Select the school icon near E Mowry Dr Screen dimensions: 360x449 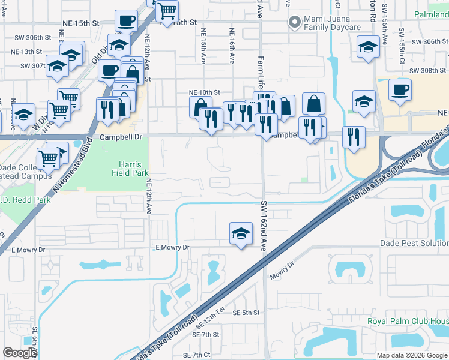click(240, 233)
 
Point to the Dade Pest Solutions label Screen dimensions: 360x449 click(414, 244)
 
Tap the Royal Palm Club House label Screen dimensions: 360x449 click(408, 321)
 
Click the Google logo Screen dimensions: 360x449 click(20, 353)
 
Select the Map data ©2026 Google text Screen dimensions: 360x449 click(411, 355)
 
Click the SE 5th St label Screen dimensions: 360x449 click(246, 313)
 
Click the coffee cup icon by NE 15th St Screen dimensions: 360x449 click(127, 20)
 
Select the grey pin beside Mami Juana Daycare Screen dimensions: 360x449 click(295, 23)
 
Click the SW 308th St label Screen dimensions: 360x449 click(429, 71)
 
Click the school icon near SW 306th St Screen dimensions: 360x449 click(368, 47)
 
